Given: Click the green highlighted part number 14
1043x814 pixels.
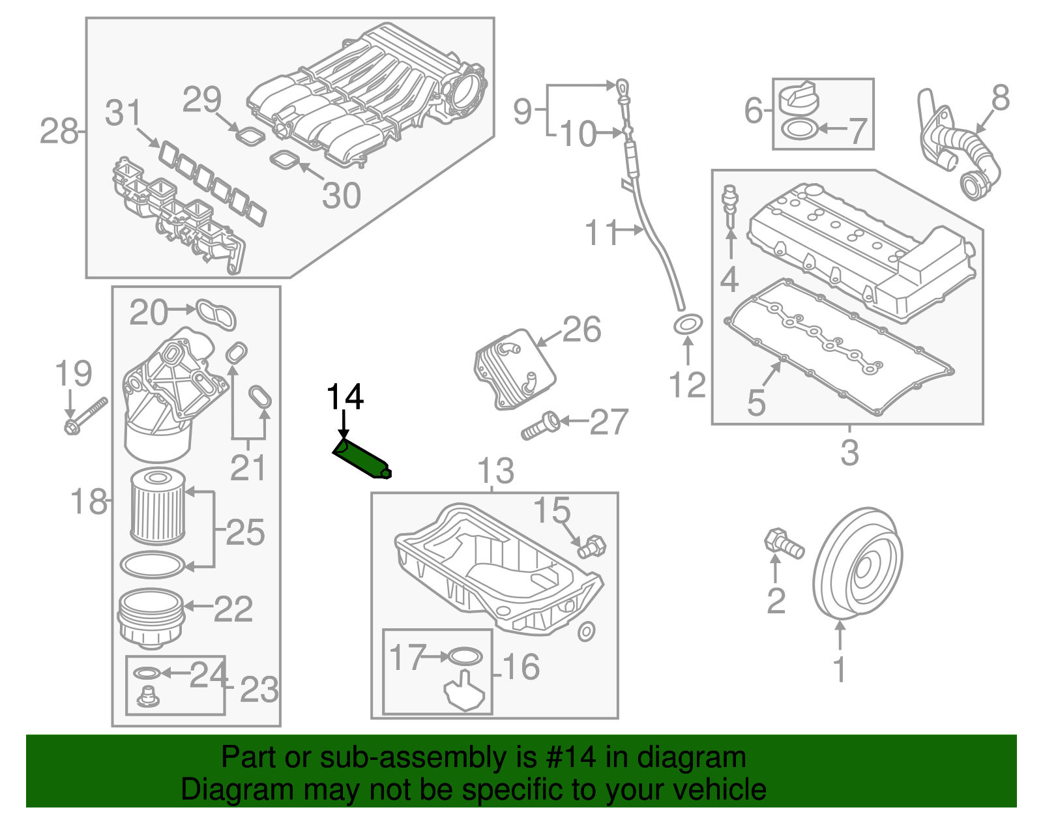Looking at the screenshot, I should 362,459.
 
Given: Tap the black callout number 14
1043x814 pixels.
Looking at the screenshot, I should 345,397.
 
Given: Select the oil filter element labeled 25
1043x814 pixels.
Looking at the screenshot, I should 158,506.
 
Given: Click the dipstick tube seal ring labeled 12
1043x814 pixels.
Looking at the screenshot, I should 688,324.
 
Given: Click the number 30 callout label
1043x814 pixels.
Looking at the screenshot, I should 342,195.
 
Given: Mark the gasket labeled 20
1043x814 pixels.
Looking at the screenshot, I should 216,315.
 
